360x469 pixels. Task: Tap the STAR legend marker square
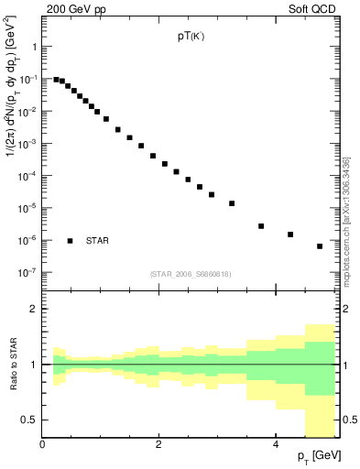(70, 241)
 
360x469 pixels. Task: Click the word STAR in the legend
(97, 241)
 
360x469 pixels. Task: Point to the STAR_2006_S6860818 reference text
(191, 274)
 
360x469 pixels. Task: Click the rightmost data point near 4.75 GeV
(320, 246)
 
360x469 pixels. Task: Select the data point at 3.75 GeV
(261, 226)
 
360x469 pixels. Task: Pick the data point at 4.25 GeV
(290, 234)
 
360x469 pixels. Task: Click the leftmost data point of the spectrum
(56, 80)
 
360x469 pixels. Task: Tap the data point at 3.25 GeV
(232, 203)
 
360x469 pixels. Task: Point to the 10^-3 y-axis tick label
(27, 144)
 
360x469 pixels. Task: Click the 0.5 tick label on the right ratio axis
(348, 420)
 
